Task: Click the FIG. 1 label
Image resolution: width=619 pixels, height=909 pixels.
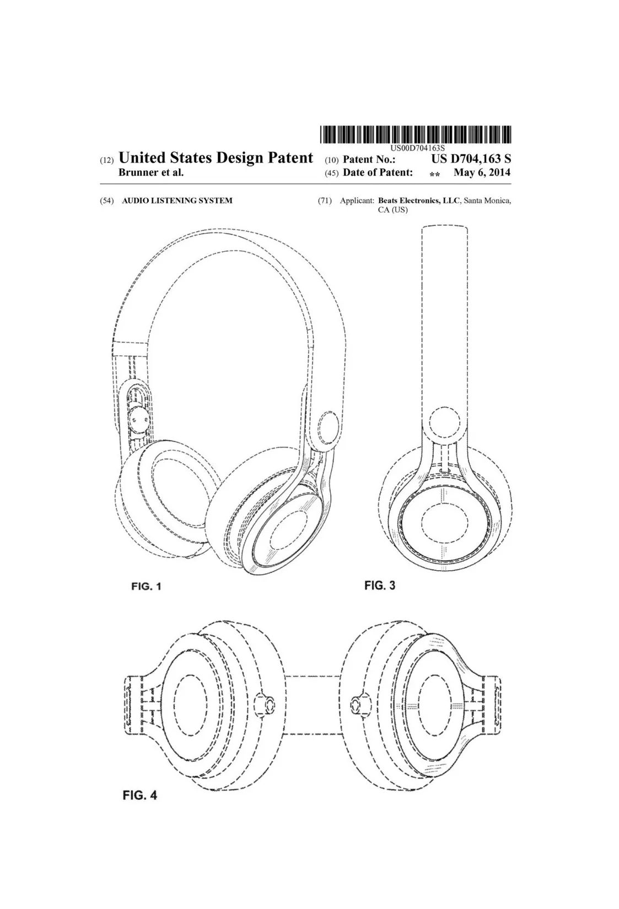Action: [x=146, y=586]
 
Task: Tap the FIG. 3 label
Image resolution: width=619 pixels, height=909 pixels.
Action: [x=380, y=585]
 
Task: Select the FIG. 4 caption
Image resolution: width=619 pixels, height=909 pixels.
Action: [x=139, y=795]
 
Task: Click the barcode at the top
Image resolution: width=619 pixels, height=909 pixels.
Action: [x=416, y=135]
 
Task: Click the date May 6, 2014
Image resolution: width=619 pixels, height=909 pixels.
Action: [x=482, y=172]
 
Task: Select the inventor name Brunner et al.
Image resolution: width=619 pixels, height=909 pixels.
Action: [x=151, y=172]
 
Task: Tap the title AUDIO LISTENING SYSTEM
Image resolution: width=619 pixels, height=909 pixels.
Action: [x=177, y=201]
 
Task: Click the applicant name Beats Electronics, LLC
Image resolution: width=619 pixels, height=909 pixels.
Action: [x=419, y=201]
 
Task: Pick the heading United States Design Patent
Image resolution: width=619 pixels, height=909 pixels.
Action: [x=216, y=158]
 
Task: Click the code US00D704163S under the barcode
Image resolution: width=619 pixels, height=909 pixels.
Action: [x=418, y=148]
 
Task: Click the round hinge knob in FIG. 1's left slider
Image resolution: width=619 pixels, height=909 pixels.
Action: [x=138, y=419]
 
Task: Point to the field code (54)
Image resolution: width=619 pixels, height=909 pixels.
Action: [x=107, y=201]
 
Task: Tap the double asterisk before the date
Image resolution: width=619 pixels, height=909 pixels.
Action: [x=434, y=175]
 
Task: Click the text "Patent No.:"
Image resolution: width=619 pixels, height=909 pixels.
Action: [x=369, y=159]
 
